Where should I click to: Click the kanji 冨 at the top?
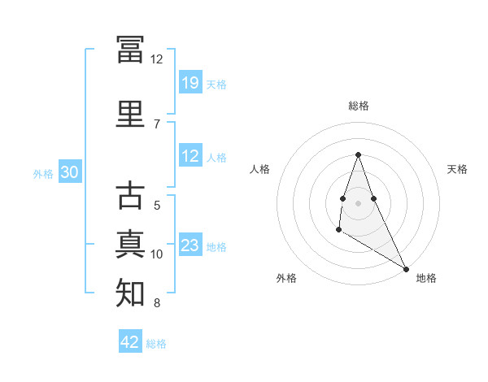(x=130, y=49)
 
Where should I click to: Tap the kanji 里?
(x=130, y=114)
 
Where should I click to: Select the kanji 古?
(x=130, y=195)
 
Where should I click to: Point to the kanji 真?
(x=130, y=244)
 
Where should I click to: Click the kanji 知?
(x=130, y=293)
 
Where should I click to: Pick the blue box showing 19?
(x=190, y=82)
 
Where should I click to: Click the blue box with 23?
(x=190, y=244)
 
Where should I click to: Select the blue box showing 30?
(x=70, y=171)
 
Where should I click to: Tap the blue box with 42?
(x=130, y=341)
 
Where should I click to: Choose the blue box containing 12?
(x=190, y=155)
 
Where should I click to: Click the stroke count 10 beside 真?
(x=156, y=254)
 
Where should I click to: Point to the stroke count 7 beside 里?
(x=157, y=124)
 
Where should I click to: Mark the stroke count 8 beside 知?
(x=157, y=303)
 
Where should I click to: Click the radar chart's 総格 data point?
(x=358, y=154)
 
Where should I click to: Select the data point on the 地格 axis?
(x=406, y=269)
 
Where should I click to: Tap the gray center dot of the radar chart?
(x=358, y=203)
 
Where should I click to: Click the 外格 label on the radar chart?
(x=286, y=278)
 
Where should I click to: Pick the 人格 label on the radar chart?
(x=259, y=169)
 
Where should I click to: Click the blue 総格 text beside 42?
(x=156, y=344)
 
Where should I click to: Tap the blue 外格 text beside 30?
(x=43, y=174)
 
